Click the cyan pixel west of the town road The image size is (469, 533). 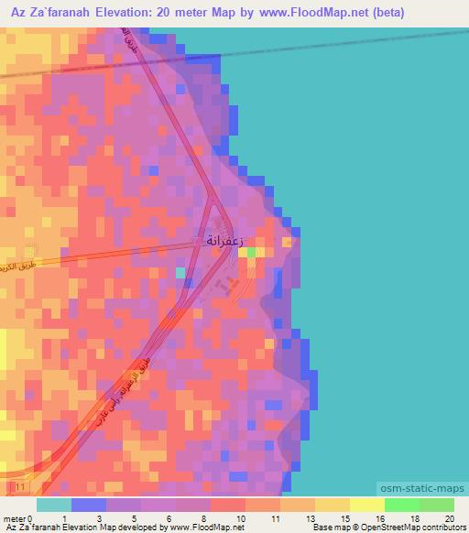180,272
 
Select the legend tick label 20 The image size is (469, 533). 449,518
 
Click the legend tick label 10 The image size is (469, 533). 240,518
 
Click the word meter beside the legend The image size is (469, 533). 14,518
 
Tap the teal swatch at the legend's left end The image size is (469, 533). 53,505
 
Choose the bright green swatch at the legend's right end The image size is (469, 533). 436,505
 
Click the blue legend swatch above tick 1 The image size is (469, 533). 88,505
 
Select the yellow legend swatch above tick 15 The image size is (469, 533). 332,505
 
